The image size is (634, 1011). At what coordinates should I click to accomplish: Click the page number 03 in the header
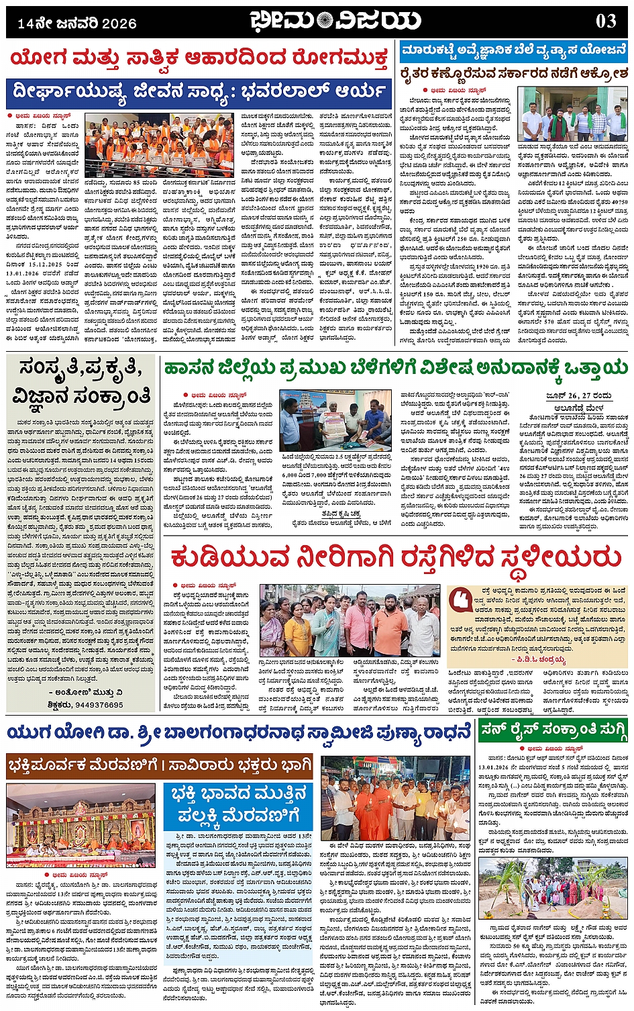[605, 21]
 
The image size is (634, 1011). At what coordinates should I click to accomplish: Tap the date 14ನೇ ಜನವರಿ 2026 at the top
[76, 23]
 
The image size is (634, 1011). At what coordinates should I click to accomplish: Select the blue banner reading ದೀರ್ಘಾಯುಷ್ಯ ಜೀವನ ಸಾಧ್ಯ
[199, 90]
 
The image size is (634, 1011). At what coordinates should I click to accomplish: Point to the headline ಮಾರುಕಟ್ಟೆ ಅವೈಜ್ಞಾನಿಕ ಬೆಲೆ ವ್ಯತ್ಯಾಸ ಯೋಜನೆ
[513, 51]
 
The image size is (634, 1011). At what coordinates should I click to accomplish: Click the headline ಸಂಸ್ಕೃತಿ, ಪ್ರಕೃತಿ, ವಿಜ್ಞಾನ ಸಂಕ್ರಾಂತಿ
[83, 382]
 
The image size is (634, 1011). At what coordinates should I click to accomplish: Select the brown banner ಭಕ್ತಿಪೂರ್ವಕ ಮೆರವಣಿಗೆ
[160, 765]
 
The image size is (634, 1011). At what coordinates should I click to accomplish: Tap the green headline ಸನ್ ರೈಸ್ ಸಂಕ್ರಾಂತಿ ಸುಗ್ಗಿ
[554, 731]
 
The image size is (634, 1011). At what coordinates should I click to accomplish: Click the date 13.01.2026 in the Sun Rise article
[496, 766]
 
